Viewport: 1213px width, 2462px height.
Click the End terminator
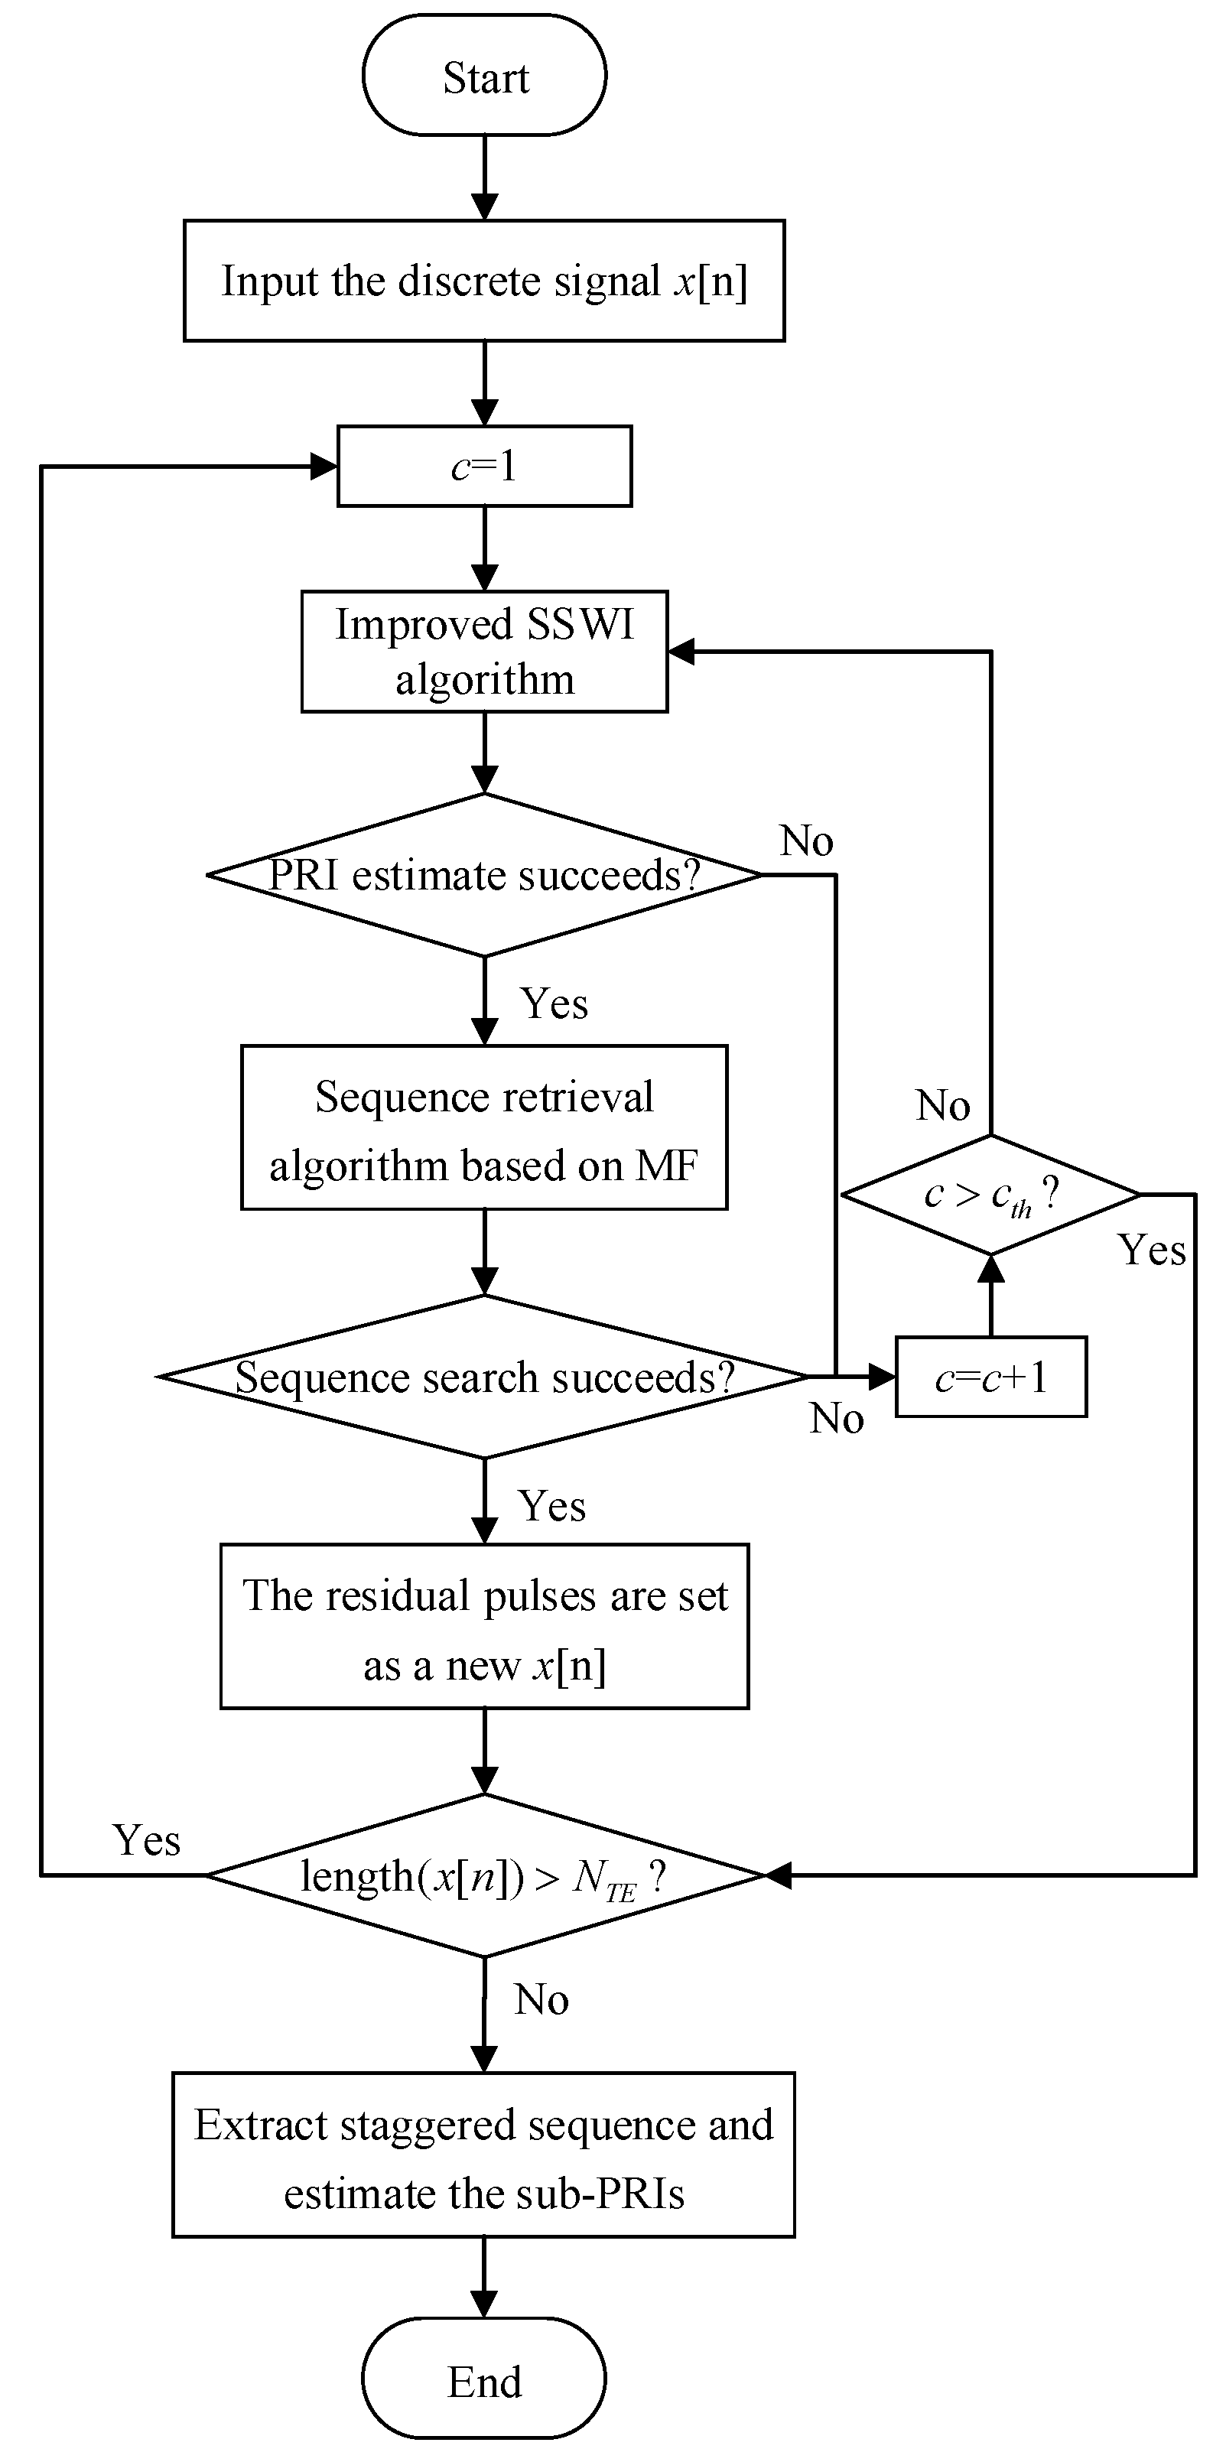coord(485,2381)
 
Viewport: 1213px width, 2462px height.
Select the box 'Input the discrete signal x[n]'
coord(485,281)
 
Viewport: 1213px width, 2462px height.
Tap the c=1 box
coord(485,467)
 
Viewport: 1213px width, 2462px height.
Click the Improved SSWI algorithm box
coord(485,652)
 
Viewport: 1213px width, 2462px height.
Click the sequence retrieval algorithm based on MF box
coord(485,1129)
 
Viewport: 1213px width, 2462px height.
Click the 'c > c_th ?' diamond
coord(991,1195)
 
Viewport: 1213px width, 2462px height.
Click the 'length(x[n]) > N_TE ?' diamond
coord(485,1876)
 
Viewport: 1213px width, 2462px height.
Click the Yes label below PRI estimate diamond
coord(554,1004)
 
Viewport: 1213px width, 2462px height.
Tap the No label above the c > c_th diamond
coord(944,1106)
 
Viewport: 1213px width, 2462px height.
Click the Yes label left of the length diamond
coord(146,1841)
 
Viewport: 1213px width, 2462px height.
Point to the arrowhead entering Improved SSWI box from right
coord(681,652)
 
